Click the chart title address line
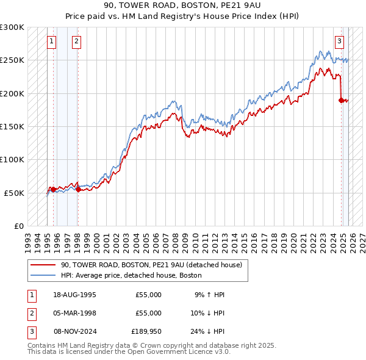[182, 5]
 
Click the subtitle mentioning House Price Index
[182, 16]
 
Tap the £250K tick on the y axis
[12, 60]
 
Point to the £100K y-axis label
[12, 159]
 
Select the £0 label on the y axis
[18, 226]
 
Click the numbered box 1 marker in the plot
[52, 41]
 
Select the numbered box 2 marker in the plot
[76, 41]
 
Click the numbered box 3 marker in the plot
[340, 41]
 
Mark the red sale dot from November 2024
[342, 100]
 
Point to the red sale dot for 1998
[78, 190]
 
